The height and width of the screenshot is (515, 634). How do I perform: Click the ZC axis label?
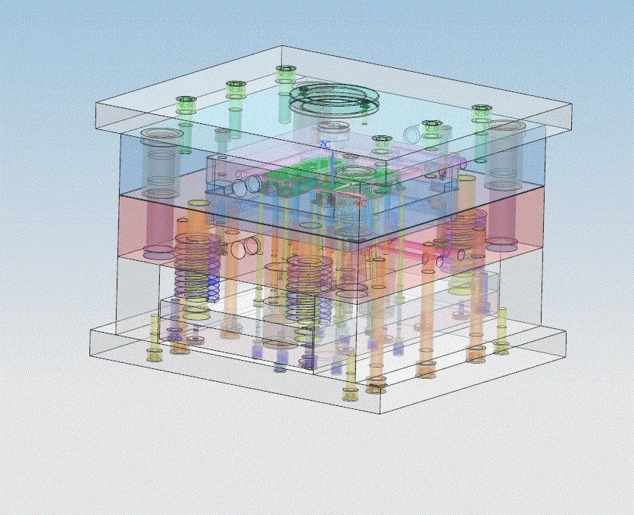pyautogui.click(x=324, y=144)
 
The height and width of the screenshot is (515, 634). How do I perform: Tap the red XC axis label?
pyautogui.click(x=361, y=203)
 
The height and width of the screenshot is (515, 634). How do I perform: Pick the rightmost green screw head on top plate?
pyautogui.click(x=480, y=111)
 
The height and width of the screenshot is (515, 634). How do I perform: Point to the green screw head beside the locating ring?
pyautogui.click(x=285, y=72)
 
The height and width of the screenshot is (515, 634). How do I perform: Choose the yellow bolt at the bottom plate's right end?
pyautogui.click(x=501, y=348)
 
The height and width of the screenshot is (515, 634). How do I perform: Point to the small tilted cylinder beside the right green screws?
pyautogui.click(x=411, y=135)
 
